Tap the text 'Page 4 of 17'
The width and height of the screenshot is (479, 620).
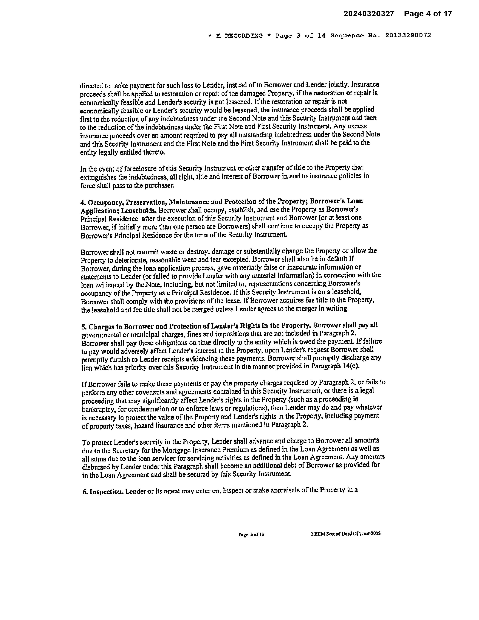coord(428,14)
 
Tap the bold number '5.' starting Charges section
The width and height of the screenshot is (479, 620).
coord(84,327)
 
